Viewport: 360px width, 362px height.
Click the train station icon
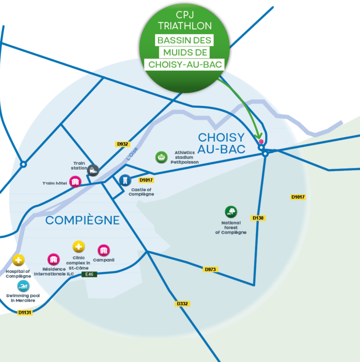pyautogui.click(x=93, y=170)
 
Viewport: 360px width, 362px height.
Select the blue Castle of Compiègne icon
pyautogui.click(x=124, y=180)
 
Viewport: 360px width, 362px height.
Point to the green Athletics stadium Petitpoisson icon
pyautogui.click(x=161, y=157)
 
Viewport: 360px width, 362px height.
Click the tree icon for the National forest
pyautogui.click(x=231, y=212)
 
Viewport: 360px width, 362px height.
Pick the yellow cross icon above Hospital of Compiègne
pyautogui.click(x=18, y=260)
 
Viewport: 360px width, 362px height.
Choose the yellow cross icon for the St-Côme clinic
pyautogui.click(x=79, y=247)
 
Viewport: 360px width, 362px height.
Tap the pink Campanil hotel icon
pyautogui.click(x=104, y=250)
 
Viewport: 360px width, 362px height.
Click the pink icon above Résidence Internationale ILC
pyautogui.click(x=53, y=259)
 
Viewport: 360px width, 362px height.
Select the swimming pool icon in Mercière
pyautogui.click(x=23, y=286)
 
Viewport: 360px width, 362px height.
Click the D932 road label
pyautogui.click(x=122, y=144)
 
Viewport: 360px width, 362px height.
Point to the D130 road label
pyautogui.click(x=258, y=218)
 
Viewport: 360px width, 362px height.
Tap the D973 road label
pyautogui.click(x=210, y=269)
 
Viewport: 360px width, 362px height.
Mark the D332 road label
pyautogui.click(x=183, y=304)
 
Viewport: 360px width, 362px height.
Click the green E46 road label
pyautogui.click(x=89, y=275)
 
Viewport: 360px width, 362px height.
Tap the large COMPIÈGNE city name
pyautogui.click(x=82, y=220)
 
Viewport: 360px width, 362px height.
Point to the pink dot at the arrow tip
pyautogui.click(x=261, y=142)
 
